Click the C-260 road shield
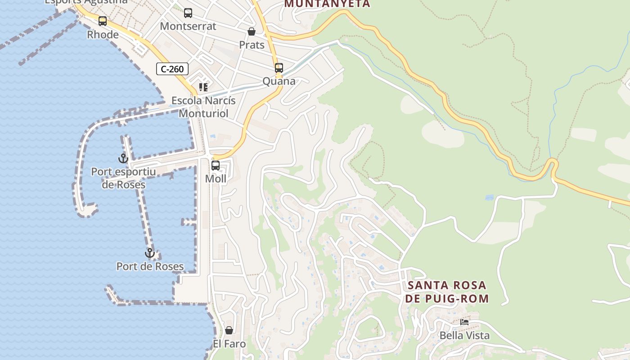[x=172, y=69]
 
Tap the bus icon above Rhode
[x=103, y=21]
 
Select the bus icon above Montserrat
[x=188, y=13]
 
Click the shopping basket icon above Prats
[x=252, y=31]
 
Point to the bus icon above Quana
[x=279, y=68]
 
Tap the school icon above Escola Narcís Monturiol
[x=203, y=87]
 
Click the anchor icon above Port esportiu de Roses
[x=123, y=158]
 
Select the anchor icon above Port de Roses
[x=150, y=253]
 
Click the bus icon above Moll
[x=216, y=165]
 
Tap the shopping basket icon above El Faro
[x=229, y=330]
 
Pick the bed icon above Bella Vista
[x=464, y=322]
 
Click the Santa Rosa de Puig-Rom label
[x=447, y=292]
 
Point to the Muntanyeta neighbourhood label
[x=328, y=4]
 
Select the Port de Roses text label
[x=150, y=266]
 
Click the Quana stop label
[x=279, y=81]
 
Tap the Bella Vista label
[x=464, y=336]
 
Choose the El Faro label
[x=229, y=344]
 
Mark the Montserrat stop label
[x=188, y=26]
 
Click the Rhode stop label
[x=103, y=35]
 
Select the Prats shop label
[x=252, y=45]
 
